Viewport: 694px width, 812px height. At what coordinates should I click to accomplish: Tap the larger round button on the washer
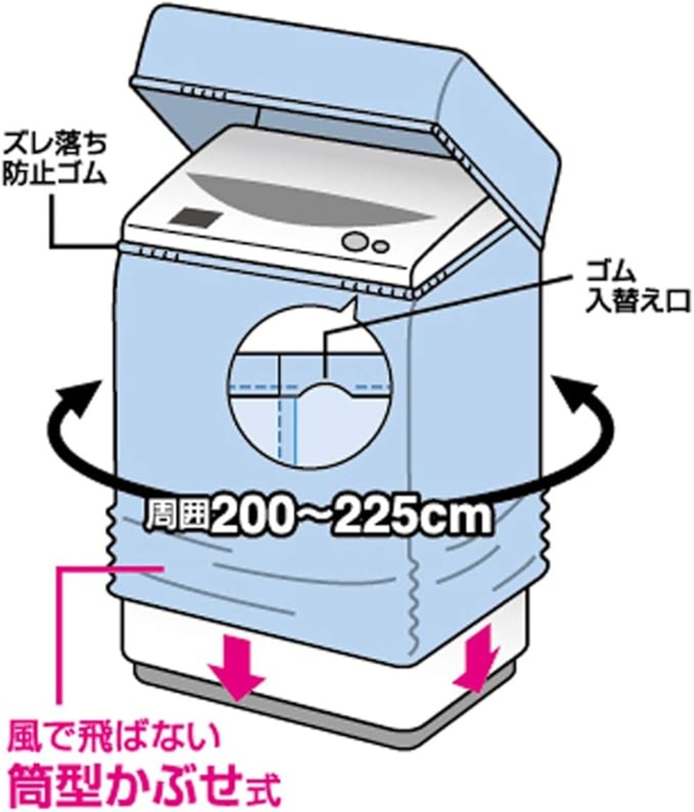[355, 241]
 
